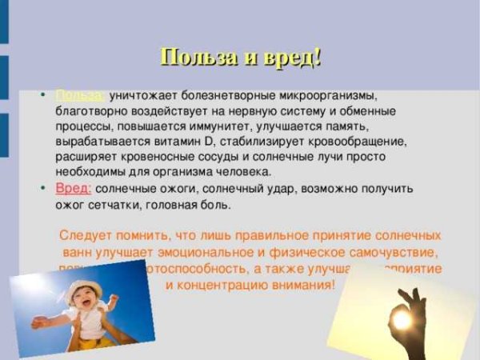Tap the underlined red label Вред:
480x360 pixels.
73,189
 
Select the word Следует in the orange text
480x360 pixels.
86,237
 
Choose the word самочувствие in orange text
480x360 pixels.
384,253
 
